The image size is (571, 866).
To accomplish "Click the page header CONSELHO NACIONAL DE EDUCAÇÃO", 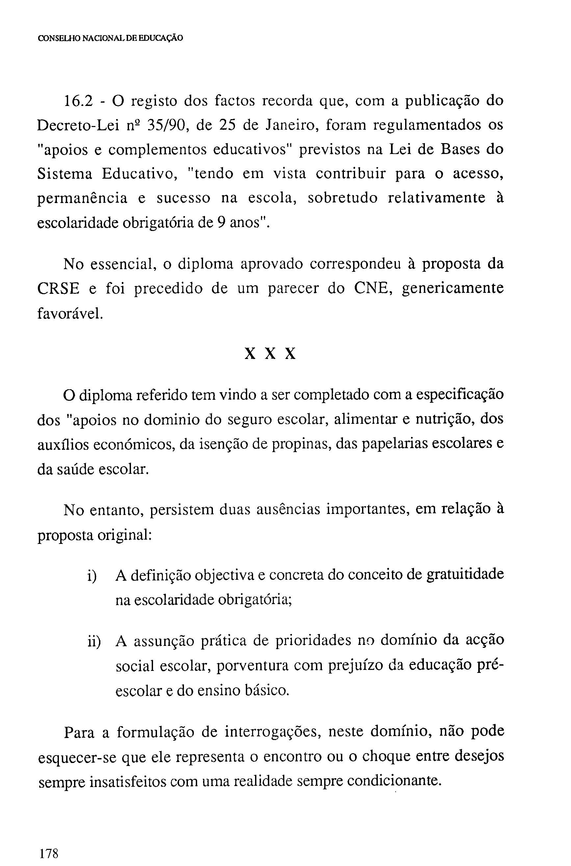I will coord(110,38).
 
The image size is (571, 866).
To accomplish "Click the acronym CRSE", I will coord(58,289).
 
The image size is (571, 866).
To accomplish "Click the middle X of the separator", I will coord(270,354).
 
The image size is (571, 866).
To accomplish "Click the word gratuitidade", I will coord(465,575).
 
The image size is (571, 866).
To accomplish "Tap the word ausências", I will coord(288,510).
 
